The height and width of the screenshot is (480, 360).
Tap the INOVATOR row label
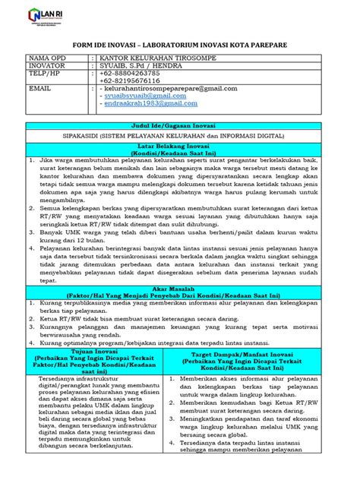coord(46,67)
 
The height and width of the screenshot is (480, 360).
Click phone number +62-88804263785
coord(130,74)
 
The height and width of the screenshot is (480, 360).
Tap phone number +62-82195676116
coord(130,81)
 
